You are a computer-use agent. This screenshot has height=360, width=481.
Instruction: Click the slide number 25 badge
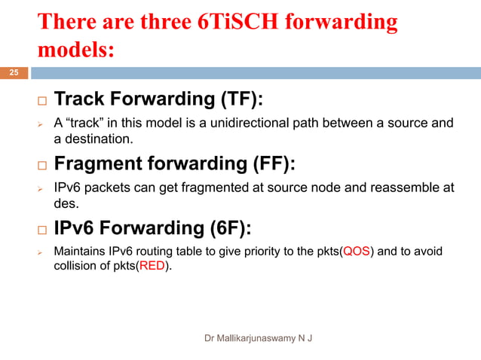tap(14, 73)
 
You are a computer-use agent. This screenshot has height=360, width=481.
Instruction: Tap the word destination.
tap(102, 139)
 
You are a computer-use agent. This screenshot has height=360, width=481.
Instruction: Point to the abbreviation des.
tap(65, 203)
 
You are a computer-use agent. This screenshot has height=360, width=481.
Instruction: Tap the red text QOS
tap(357, 252)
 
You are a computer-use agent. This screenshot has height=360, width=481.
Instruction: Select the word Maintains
tap(81, 252)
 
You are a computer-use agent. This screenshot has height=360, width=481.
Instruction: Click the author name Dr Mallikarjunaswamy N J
tap(259, 337)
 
